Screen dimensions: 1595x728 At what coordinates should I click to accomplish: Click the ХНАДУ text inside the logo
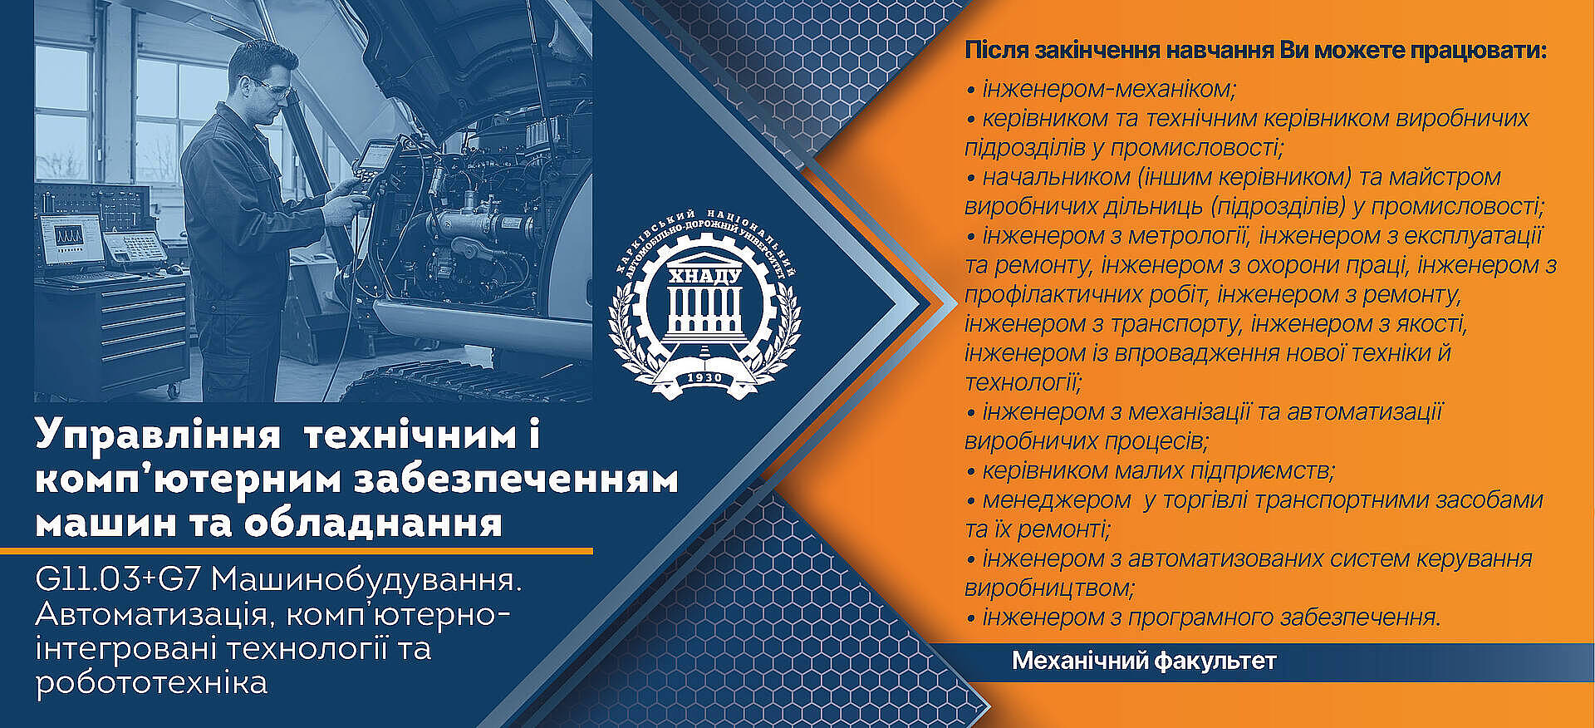[704, 275]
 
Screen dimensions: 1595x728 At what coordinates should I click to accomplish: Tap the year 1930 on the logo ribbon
[704, 378]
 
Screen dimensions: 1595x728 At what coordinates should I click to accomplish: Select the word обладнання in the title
[374, 524]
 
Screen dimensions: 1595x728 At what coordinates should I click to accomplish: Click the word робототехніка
[151, 683]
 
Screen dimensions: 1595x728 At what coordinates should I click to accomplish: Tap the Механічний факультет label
[1144, 662]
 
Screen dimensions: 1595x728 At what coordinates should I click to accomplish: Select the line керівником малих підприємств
[1151, 471]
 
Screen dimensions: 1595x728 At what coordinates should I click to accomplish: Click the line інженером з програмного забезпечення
[1204, 617]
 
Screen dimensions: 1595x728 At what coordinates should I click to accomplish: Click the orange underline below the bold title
[297, 550]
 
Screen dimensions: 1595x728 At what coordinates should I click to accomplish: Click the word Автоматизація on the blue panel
[152, 615]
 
